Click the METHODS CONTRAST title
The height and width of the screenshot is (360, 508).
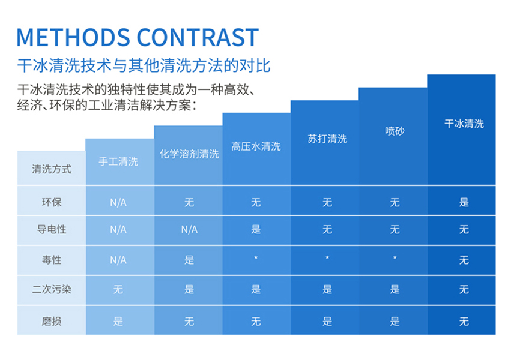(x=138, y=37)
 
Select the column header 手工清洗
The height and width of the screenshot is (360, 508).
(x=118, y=161)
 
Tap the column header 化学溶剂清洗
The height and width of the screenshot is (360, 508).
(x=189, y=154)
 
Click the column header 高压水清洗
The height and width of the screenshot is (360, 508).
(x=256, y=146)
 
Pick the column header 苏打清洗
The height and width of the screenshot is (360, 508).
(x=327, y=139)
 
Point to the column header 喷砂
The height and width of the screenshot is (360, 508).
(x=395, y=131)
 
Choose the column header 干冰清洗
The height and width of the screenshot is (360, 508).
(x=464, y=124)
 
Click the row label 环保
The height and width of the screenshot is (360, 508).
(x=52, y=202)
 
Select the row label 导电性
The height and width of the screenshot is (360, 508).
(x=52, y=230)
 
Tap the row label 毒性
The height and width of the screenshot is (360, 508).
(x=52, y=260)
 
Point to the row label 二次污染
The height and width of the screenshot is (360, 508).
(x=52, y=289)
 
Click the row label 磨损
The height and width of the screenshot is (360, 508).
(x=52, y=321)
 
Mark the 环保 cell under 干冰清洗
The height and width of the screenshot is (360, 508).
(x=464, y=202)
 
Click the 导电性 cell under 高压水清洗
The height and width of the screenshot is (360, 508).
(x=256, y=230)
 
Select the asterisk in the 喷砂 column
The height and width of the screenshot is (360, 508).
(x=395, y=257)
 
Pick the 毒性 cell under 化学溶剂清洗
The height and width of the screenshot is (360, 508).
(x=189, y=260)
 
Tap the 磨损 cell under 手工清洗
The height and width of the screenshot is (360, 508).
(x=118, y=321)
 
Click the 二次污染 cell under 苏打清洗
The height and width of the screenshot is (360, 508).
(x=327, y=289)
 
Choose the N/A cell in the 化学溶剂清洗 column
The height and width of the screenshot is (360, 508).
(x=189, y=230)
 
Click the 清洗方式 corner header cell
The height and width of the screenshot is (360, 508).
(x=52, y=169)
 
